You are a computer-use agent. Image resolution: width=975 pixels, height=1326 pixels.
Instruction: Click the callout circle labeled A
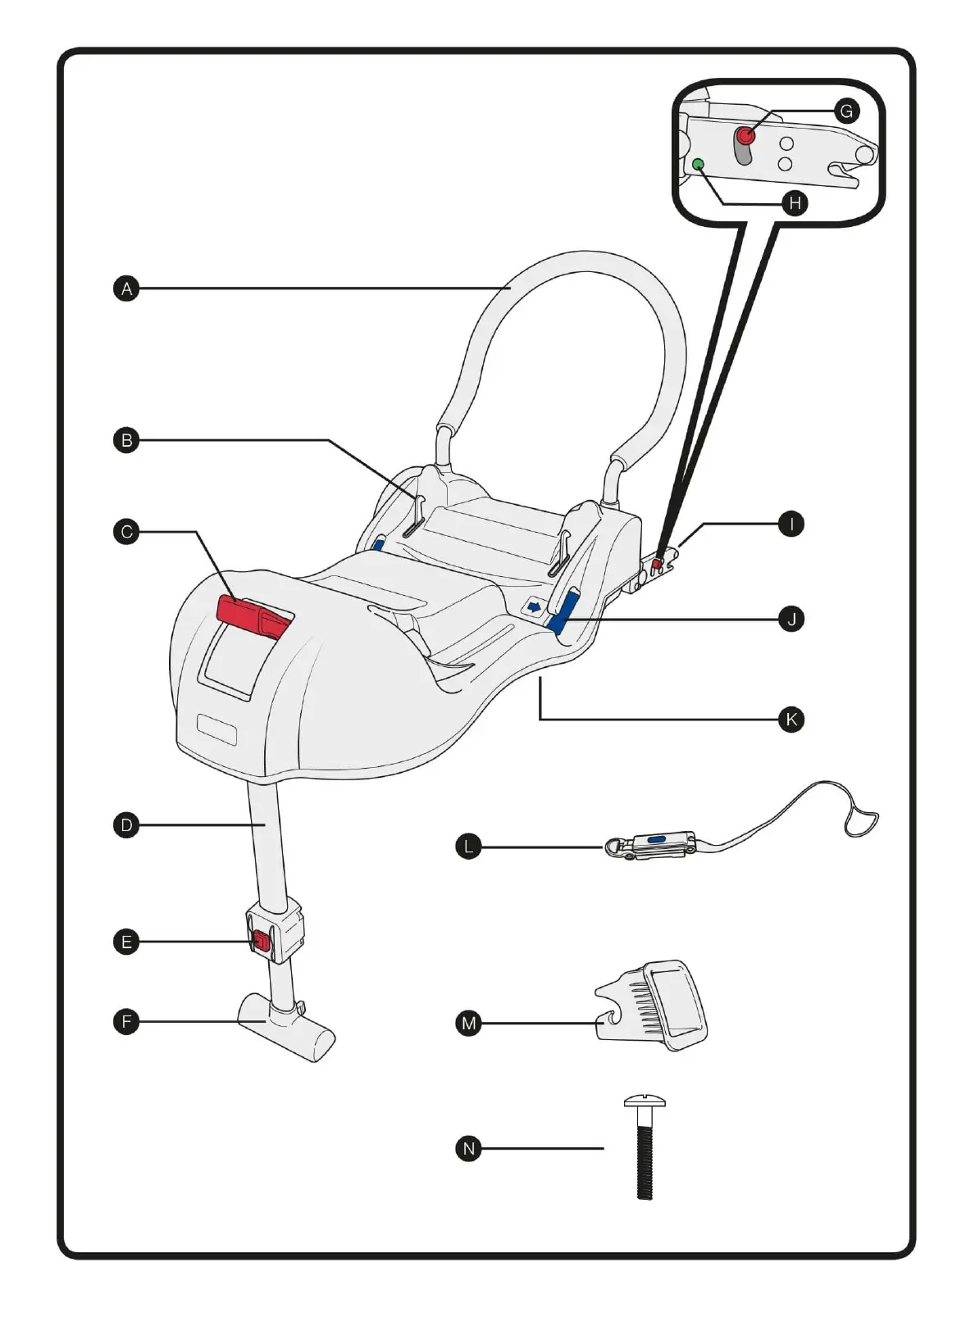coord(126,288)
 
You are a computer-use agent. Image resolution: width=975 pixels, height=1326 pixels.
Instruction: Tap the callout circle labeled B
coord(126,440)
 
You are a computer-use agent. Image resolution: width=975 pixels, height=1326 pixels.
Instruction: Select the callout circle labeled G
coord(846,111)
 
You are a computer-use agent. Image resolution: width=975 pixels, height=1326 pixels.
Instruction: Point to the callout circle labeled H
coord(795,203)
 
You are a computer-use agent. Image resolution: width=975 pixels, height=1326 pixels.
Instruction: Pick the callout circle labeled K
coord(790,720)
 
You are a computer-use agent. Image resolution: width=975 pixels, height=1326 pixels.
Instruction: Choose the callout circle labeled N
coord(468,1149)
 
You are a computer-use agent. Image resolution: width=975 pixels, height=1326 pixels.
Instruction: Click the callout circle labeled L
coord(468,847)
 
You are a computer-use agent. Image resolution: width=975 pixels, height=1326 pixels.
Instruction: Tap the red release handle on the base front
coord(255,617)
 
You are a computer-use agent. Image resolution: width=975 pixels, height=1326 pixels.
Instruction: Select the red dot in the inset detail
coord(745,135)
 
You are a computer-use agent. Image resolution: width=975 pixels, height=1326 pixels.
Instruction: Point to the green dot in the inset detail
coord(699,164)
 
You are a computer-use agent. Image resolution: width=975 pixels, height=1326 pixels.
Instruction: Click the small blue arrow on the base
coord(534,606)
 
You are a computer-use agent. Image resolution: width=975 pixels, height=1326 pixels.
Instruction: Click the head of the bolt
coord(645,1101)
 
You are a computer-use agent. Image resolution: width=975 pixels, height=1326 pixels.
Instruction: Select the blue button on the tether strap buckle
coord(656,839)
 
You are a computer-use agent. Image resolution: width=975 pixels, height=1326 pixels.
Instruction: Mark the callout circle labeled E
coord(126,941)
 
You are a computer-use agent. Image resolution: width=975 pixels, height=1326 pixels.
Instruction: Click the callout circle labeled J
coord(790,620)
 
